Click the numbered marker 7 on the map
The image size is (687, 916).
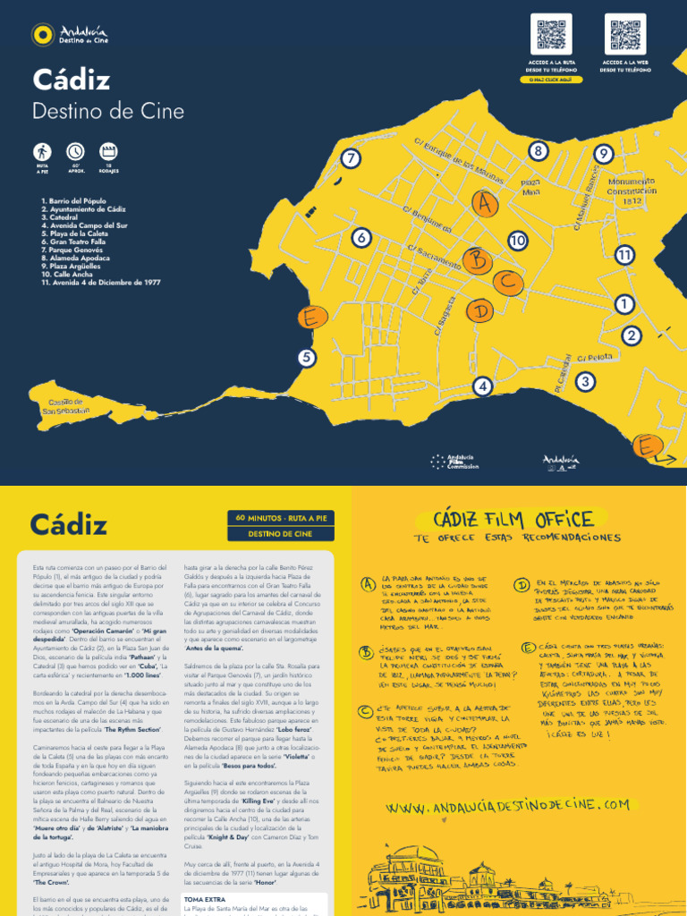pyautogui.click(x=352, y=159)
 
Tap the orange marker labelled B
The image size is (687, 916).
pyautogui.click(x=479, y=260)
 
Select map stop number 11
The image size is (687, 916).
pyautogui.click(x=624, y=255)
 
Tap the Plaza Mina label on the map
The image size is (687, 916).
pyautogui.click(x=531, y=187)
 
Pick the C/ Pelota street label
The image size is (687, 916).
pyautogui.click(x=594, y=357)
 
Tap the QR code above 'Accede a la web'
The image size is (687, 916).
pyautogui.click(x=625, y=34)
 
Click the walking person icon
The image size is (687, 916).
pyautogui.click(x=42, y=151)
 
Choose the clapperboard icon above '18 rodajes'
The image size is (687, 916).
pyautogui.click(x=108, y=151)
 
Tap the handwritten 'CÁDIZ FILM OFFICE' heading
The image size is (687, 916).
pyautogui.click(x=513, y=519)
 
